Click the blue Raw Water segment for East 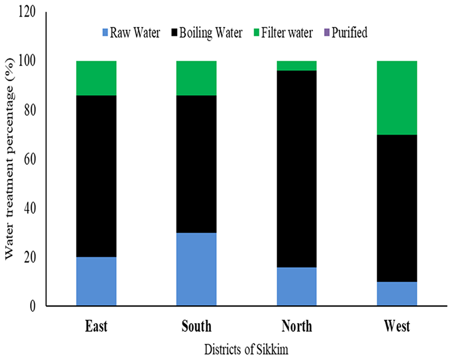click(96, 281)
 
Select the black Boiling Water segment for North click(296, 169)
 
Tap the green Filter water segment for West click(397, 98)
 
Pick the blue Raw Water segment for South click(196, 269)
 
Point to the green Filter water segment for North click(296, 66)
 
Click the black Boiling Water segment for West click(397, 208)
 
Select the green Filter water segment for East click(96, 78)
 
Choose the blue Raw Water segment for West click(397, 293)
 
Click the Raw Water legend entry click(132, 33)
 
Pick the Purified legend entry click(346, 33)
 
